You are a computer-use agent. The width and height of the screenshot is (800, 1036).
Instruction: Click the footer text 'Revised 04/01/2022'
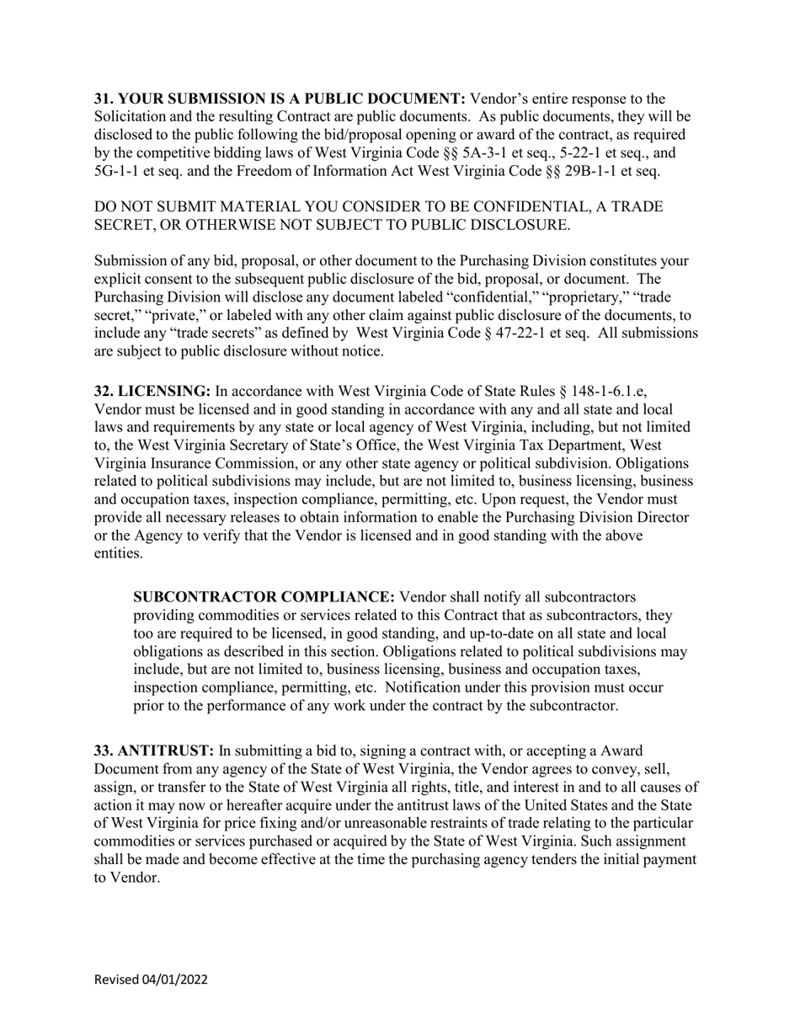click(x=151, y=980)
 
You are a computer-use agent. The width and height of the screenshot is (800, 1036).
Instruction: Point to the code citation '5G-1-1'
click(x=115, y=172)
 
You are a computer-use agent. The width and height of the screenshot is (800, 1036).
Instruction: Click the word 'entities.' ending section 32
click(x=119, y=554)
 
